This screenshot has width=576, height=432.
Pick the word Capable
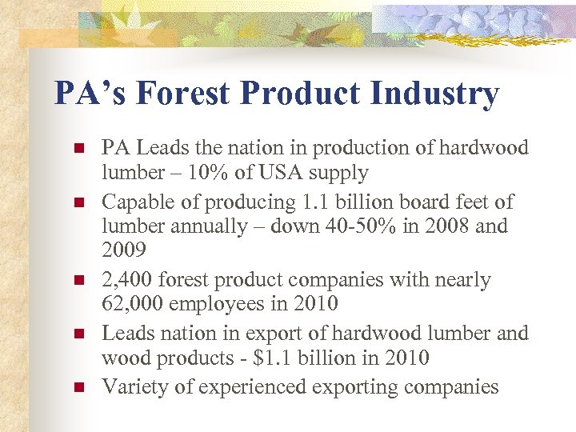[x=133, y=202]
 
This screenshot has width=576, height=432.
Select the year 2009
[x=124, y=251]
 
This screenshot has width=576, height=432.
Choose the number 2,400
[x=127, y=280]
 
